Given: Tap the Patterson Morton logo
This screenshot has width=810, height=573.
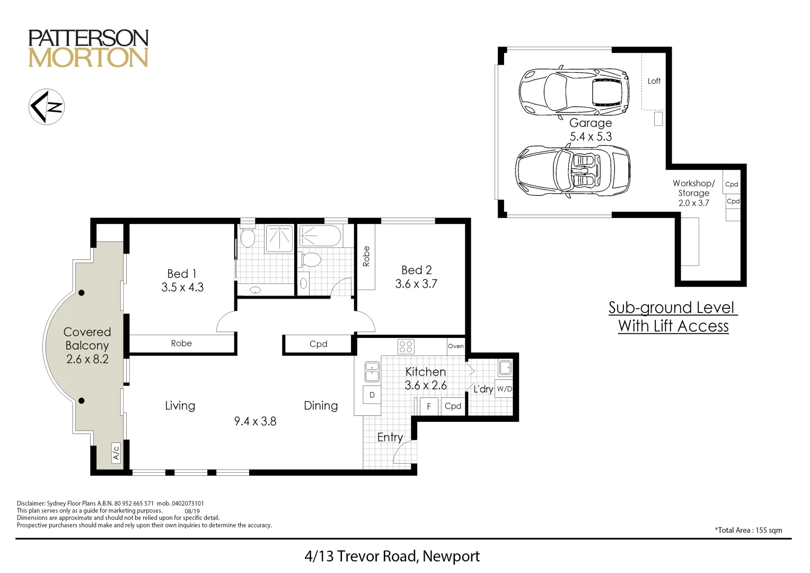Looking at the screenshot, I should (x=88, y=48).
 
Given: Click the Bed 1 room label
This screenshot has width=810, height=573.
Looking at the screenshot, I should (x=182, y=273).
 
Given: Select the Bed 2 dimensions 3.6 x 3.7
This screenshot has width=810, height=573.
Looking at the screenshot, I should (x=416, y=284).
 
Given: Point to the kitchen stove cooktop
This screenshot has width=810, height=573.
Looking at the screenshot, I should (x=406, y=346).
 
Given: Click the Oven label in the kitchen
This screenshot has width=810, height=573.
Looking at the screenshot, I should (x=455, y=346).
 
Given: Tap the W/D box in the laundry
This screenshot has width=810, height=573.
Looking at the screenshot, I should (x=504, y=389).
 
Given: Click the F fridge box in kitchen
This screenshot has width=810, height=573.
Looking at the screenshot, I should (x=429, y=406).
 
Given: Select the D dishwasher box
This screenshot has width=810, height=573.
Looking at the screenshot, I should (x=372, y=395).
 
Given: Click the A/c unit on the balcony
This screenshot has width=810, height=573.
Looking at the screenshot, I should (x=116, y=453).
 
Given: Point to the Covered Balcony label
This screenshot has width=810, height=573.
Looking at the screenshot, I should (x=87, y=339).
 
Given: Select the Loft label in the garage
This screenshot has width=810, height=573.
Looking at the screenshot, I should (x=654, y=81).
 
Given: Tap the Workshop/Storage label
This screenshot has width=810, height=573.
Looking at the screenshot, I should (x=693, y=188).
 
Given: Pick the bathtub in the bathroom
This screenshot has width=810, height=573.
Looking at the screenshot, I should (x=320, y=236).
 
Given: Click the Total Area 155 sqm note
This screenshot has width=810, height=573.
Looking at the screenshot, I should (x=748, y=530).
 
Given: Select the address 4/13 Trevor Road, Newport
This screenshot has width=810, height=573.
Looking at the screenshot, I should (x=392, y=556).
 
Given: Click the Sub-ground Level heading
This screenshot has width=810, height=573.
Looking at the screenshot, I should (x=673, y=308).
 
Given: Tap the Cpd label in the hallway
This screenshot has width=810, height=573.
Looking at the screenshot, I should (x=318, y=344).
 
